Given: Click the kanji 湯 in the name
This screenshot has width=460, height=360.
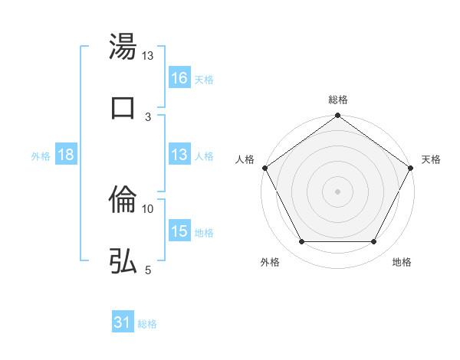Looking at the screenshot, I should tap(123, 47).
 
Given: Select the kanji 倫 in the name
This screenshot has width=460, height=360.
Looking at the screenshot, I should tap(123, 200).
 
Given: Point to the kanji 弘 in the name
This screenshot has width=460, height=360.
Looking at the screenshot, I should tap(123, 260).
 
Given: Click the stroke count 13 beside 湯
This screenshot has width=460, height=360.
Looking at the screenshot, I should tap(147, 56).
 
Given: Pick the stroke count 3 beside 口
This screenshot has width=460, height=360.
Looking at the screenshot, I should tap(148, 116).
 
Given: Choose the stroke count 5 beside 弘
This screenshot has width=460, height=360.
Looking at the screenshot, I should tap(148, 270).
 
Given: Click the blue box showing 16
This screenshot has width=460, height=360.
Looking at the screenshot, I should tap(179, 77).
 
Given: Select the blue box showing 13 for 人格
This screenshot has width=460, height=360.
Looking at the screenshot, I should tap(179, 155).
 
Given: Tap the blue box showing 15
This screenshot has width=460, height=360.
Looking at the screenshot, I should tap(179, 231).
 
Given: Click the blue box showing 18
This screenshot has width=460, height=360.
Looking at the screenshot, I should tap(66, 155).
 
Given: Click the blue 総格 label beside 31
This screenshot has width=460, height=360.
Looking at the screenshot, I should tap(147, 324).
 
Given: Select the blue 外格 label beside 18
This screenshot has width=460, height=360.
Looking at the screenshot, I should tap(41, 155).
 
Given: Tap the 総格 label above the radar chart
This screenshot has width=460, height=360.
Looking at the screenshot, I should tap(337, 100).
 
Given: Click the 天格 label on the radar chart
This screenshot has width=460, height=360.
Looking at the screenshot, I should tap(431, 159).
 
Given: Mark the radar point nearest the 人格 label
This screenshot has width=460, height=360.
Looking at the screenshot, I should tap(264, 167).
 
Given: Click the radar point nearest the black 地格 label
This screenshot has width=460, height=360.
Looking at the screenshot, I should tap(374, 242).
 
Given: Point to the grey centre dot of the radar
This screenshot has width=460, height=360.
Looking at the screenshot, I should tap(337, 191).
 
